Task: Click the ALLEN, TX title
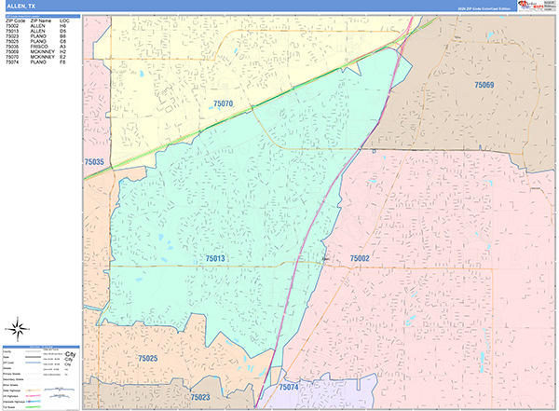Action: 20,7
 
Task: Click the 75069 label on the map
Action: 484,85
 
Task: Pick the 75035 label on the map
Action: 94,162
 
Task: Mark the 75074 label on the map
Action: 288,387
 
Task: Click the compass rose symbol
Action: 18,328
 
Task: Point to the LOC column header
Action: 63,20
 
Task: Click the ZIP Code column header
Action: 15,20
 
